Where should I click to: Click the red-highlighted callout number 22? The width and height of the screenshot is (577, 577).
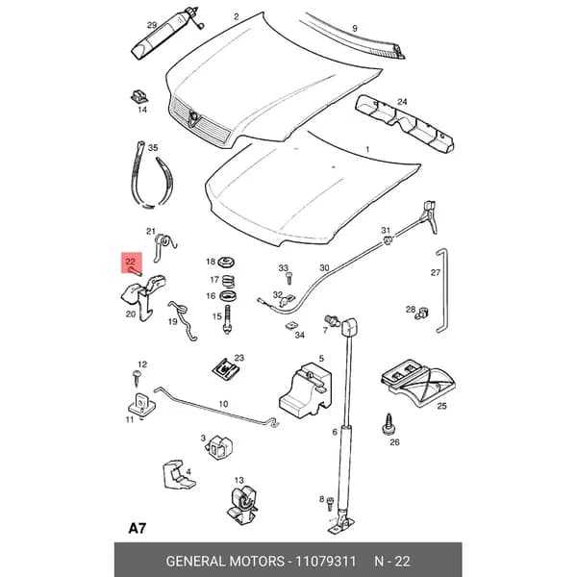[130, 262]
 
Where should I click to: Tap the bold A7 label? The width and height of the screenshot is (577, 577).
[138, 528]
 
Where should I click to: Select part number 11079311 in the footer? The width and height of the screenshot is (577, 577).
[326, 562]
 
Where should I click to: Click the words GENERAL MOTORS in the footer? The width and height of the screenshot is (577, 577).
[225, 562]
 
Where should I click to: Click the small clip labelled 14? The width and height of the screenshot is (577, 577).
[139, 96]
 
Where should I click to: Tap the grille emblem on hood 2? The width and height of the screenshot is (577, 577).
[194, 117]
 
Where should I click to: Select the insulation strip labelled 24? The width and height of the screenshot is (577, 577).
[405, 124]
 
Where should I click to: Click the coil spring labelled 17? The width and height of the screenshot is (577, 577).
[228, 282]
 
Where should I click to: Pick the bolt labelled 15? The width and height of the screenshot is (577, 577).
[227, 319]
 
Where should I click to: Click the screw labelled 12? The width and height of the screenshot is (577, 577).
[137, 378]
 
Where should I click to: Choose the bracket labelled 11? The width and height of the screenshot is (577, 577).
[141, 406]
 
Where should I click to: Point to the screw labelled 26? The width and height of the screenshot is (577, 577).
[389, 425]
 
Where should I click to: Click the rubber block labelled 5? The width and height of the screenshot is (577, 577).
[306, 390]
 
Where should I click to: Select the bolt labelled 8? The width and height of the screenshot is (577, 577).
[331, 503]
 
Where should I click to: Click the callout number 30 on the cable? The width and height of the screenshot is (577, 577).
[324, 268]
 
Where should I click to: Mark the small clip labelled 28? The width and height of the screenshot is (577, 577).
[422, 314]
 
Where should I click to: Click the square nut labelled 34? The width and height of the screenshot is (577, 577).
[291, 325]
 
